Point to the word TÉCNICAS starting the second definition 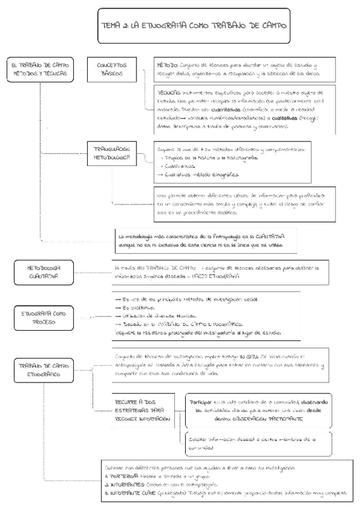tap(171, 93)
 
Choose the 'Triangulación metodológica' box tap(112, 154)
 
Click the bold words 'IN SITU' tap(247, 356)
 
